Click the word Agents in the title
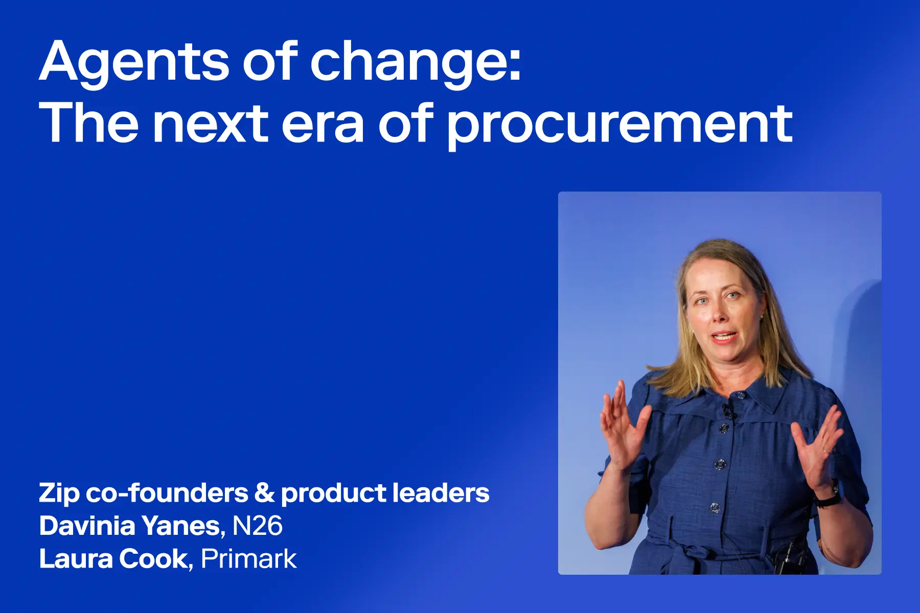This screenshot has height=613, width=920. click(x=134, y=62)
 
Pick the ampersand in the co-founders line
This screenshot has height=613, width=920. click(x=264, y=493)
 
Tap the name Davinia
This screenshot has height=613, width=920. click(x=87, y=526)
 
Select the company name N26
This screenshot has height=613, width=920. click(x=257, y=526)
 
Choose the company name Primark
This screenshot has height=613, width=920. click(x=248, y=559)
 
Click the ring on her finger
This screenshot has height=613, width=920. click(x=825, y=450)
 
